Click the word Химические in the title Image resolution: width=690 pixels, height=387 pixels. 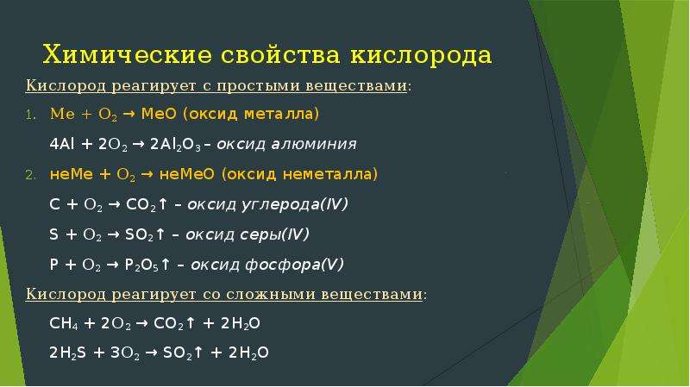[127, 55]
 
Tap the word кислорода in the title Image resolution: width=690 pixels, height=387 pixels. [421, 56]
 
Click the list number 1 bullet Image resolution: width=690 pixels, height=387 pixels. [30, 115]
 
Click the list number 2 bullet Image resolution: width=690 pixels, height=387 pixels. [30, 176]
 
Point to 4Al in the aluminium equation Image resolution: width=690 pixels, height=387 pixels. [62, 144]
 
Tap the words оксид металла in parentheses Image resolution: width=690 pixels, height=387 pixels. [250, 114]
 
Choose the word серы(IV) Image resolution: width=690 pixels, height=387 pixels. [274, 234]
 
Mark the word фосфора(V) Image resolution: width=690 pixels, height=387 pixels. [294, 265]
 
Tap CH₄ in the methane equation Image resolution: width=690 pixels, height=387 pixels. [64, 324]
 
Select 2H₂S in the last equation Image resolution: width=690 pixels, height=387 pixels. [67, 353]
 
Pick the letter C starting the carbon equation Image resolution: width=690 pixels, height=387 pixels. [54, 204]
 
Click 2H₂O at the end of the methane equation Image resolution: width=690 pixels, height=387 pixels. [241, 324]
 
